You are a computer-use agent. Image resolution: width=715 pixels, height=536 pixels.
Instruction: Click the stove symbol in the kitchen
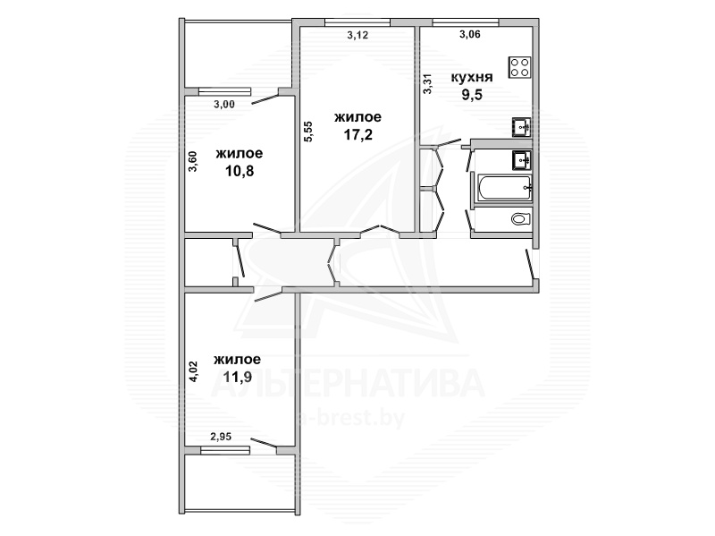tap(520, 67)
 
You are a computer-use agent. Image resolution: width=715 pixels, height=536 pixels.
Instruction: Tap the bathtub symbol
tap(503, 188)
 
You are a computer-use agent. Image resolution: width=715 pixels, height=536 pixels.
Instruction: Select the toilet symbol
tap(520, 219)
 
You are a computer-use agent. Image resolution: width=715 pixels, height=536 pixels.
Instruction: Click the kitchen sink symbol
tap(521, 126)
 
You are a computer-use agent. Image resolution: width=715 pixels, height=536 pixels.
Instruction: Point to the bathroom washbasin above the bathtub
tap(521, 160)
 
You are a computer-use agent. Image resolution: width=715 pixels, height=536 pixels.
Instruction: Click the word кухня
tap(472, 77)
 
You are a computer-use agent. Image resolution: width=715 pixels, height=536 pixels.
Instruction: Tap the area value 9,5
tap(472, 95)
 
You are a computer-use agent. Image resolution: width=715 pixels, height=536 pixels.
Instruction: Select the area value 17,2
tap(358, 134)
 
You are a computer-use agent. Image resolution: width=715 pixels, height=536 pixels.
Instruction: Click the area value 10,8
tap(240, 171)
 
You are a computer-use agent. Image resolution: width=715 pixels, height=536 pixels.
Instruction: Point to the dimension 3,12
tap(357, 35)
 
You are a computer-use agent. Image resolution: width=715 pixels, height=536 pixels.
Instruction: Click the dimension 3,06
tap(470, 34)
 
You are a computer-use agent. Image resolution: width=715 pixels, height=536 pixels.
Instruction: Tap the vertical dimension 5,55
tap(308, 131)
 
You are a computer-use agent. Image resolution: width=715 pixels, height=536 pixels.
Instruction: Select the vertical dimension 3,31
tap(427, 84)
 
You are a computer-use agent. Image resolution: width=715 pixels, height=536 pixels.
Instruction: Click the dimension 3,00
tap(224, 105)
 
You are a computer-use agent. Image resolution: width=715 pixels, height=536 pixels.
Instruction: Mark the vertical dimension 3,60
tap(193, 161)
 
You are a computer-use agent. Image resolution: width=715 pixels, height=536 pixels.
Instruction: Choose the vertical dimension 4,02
tap(193, 371)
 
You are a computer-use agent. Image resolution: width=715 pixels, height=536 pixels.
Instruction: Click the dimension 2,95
tap(221, 437)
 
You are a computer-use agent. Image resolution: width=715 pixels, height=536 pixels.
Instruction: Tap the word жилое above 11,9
tap(238, 360)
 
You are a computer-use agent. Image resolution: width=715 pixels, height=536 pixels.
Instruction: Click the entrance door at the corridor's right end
tap(530, 264)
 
